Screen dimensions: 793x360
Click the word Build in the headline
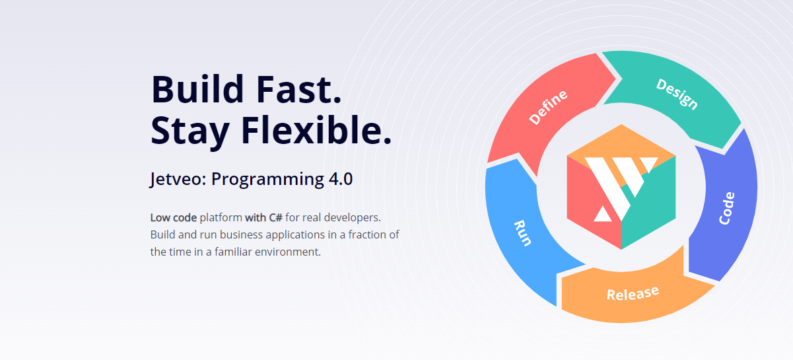point(197,89)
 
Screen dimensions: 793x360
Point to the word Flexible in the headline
point(316,129)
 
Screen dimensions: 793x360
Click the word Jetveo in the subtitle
point(178,179)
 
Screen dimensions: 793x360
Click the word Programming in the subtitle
point(267,180)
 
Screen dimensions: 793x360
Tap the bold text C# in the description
point(275,217)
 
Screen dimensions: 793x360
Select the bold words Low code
point(174,217)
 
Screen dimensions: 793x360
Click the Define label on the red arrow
point(548,106)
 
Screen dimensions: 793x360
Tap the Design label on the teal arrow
point(677,94)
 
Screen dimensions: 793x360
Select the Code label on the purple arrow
point(727,208)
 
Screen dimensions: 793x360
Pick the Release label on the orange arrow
point(633,293)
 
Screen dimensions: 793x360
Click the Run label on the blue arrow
point(522,233)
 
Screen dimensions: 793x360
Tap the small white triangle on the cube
point(603,214)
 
